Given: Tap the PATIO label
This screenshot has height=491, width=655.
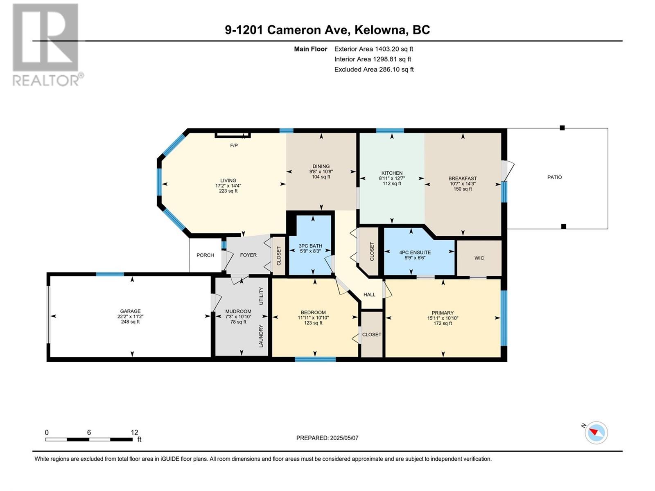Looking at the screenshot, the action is tap(554, 177).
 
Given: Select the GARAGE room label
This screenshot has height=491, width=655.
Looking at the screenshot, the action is tap(130, 311).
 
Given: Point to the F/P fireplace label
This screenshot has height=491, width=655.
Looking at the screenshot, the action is tap(234, 146).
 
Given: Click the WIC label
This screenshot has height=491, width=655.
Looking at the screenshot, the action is tap(479, 258).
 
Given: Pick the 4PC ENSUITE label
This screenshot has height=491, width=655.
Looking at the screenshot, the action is tap(415, 252).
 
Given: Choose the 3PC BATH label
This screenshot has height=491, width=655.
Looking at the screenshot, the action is tap(310, 245).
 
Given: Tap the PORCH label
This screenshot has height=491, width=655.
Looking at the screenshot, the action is tap(205, 255).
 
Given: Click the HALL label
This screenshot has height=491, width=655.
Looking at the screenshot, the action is tap(369, 295).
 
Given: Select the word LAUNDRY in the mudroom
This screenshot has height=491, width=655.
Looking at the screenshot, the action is tap(261, 336).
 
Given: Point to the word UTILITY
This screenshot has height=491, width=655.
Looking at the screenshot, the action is tap(261, 296).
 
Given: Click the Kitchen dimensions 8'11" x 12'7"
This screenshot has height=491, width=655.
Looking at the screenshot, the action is tap(391, 178).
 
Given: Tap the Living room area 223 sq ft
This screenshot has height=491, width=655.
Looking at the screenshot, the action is tap(228, 191).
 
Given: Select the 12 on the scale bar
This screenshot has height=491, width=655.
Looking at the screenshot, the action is tap(134, 432).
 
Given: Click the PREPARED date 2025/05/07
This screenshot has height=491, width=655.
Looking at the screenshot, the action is tap(344, 438).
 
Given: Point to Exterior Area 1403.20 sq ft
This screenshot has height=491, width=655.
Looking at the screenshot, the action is tap(374, 49).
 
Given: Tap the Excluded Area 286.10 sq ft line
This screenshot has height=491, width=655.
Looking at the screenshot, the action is tap(374, 70).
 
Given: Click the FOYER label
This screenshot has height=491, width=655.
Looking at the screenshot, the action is tap(248, 255).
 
